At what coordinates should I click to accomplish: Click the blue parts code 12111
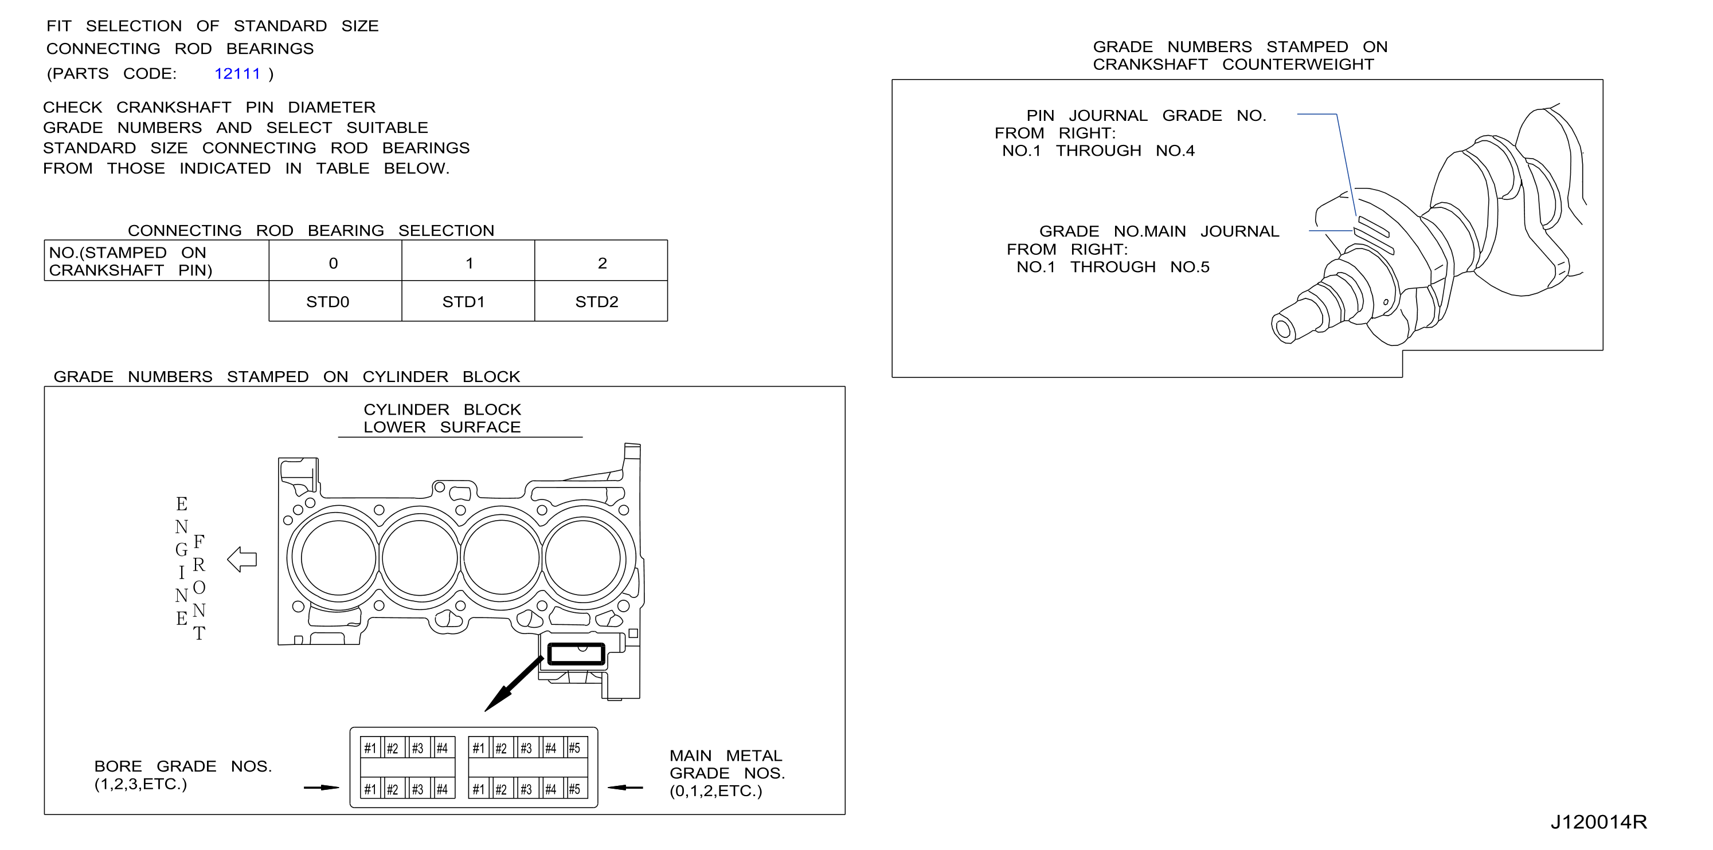click(237, 74)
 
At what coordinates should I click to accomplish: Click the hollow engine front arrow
click(242, 560)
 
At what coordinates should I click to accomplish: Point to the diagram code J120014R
click(1598, 823)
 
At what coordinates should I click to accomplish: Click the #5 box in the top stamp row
click(575, 748)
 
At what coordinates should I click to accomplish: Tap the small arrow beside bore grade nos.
click(321, 788)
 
